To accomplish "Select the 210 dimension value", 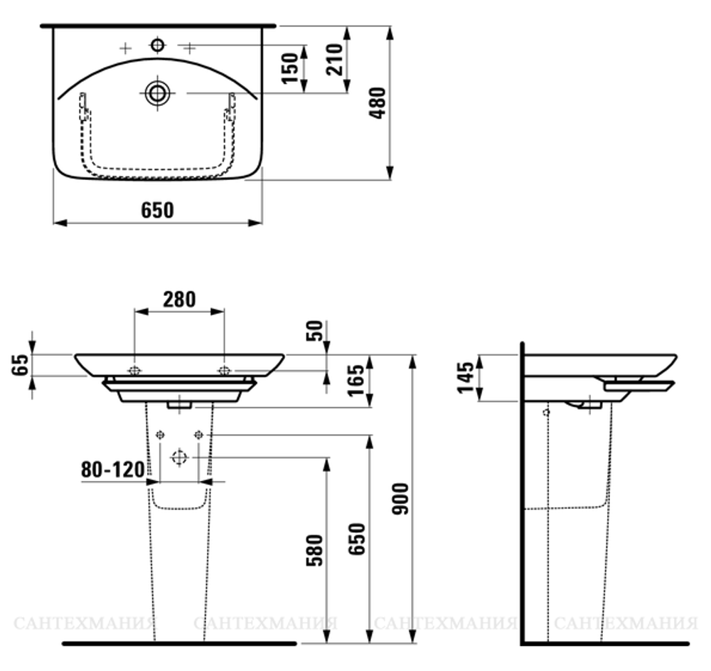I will (336, 59).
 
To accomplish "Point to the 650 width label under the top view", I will (157, 210).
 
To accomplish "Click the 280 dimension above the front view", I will (178, 299).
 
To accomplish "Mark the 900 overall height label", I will (400, 500).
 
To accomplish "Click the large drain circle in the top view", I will (157, 92).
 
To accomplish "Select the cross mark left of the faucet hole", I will (125, 48).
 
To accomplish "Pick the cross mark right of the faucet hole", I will (189, 48).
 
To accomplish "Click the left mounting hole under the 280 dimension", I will (134, 370).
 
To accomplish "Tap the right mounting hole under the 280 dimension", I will (224, 370).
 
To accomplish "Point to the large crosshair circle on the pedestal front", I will (179, 457).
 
